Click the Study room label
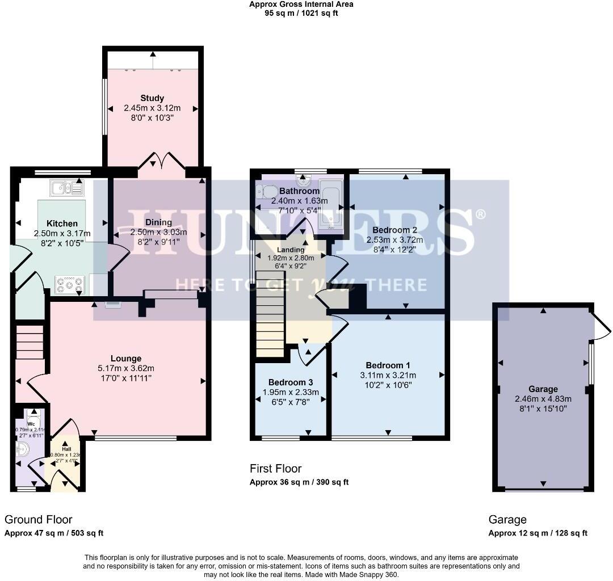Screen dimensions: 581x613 [152, 98]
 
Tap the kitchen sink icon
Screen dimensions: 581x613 [66, 188]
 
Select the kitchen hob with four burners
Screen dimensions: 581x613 [70, 285]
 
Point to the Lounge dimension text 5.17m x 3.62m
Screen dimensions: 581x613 [126, 368]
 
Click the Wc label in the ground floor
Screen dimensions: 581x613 [32, 423]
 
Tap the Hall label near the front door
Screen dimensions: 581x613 [66, 449]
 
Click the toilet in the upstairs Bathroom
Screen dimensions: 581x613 [266, 192]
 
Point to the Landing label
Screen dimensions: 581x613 [290, 250]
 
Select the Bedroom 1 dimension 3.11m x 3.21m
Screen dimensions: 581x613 [388, 375]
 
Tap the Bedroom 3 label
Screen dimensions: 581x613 [290, 382]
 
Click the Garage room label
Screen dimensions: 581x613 [543, 389]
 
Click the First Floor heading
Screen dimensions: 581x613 [275, 469]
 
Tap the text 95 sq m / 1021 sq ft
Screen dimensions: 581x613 [301, 13]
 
